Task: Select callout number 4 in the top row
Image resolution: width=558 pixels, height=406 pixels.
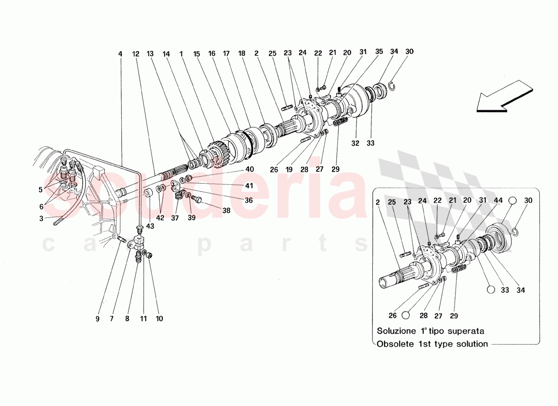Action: (120, 53)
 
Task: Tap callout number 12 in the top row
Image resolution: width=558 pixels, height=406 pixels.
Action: (135, 53)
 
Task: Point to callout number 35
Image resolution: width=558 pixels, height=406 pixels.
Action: (379, 52)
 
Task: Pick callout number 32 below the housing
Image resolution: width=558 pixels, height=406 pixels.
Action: (355, 144)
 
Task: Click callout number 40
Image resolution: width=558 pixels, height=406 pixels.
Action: (250, 170)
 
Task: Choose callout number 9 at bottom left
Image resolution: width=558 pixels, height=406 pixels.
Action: (97, 319)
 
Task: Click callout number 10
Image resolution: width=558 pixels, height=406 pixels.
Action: (159, 319)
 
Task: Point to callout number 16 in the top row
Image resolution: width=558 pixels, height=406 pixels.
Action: (212, 53)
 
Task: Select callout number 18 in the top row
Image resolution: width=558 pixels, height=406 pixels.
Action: (242, 53)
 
